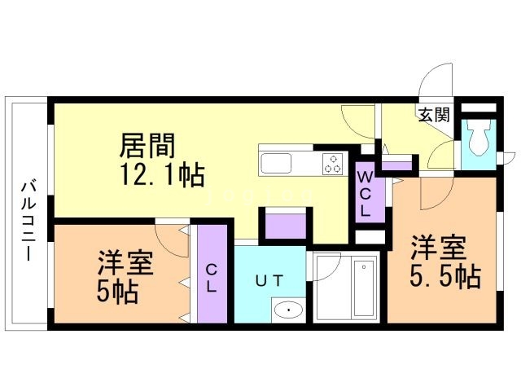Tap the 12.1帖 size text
click(x=162, y=174)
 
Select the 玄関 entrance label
click(x=435, y=114)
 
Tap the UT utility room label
click(x=269, y=281)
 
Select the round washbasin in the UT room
click(x=286, y=310)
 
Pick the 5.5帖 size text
click(x=444, y=277)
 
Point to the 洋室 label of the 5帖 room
click(x=124, y=262)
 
